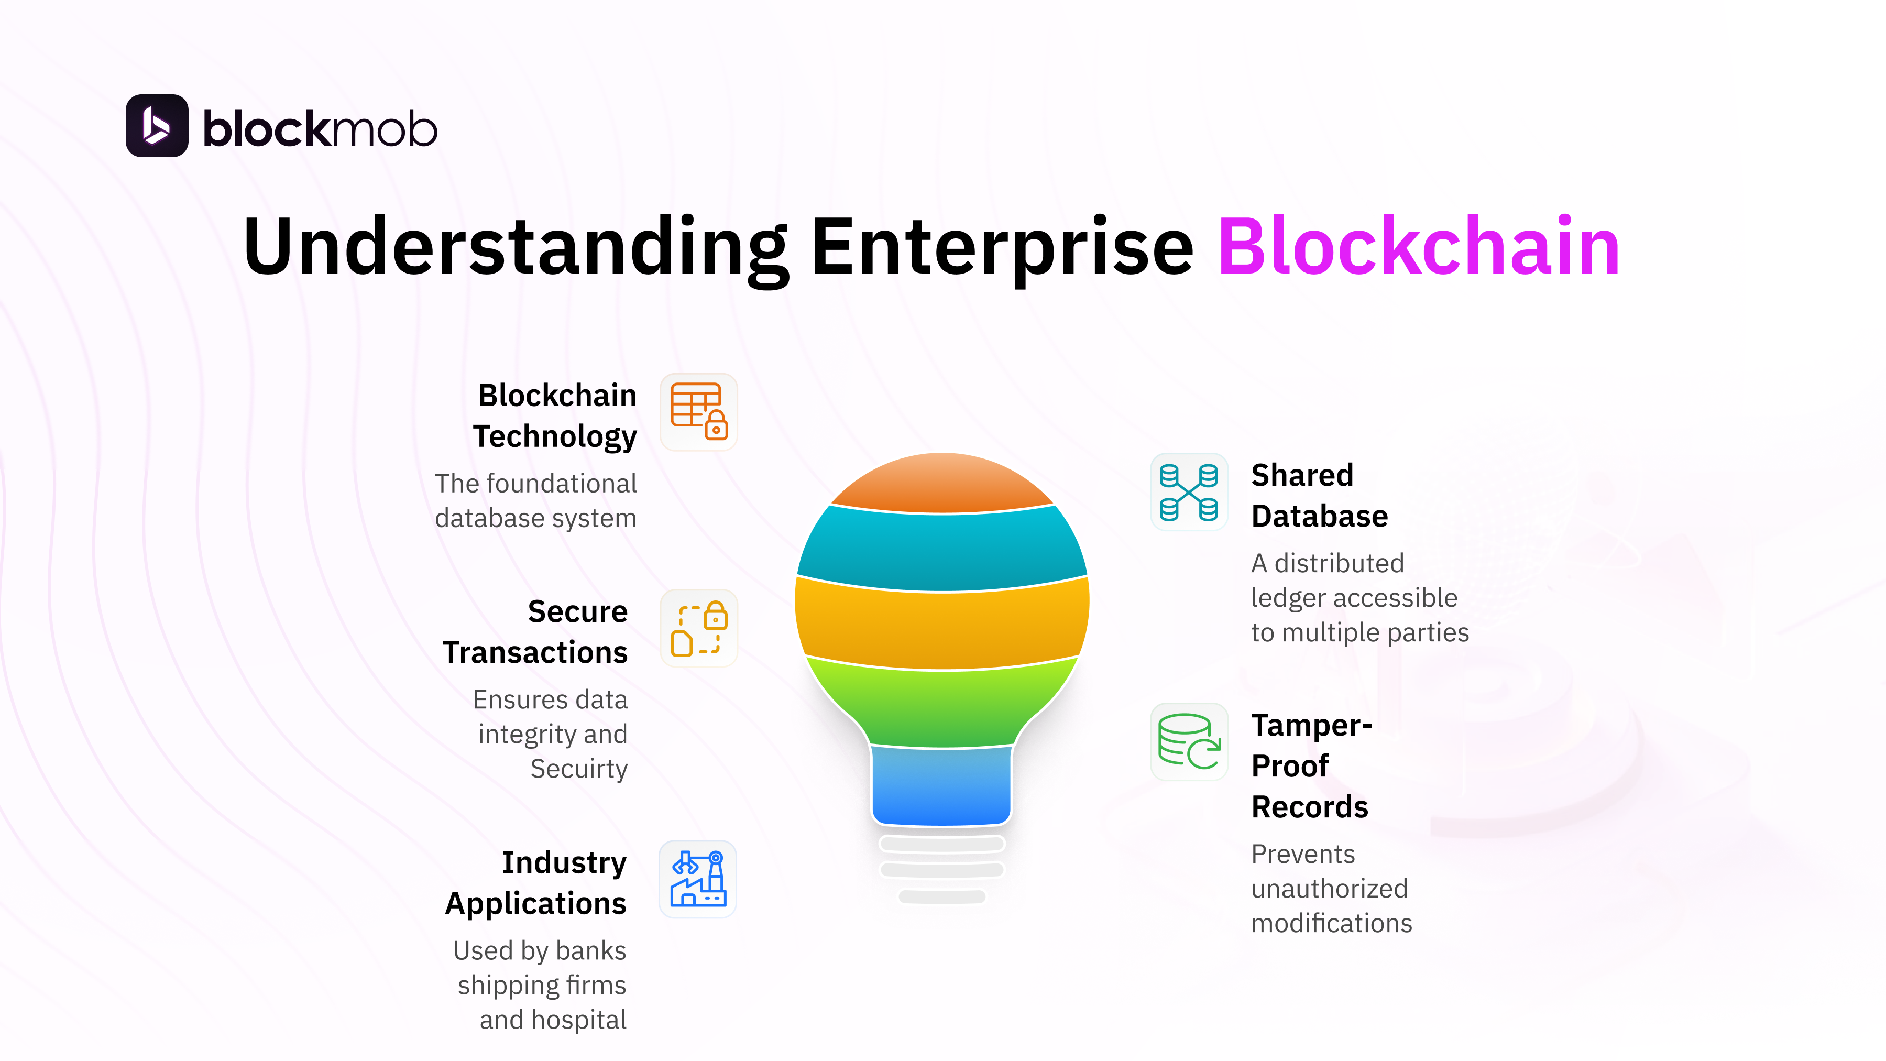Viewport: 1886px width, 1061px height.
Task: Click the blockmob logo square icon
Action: click(157, 126)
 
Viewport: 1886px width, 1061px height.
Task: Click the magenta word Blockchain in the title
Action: click(1418, 247)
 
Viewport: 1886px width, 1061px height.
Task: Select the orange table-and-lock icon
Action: click(698, 411)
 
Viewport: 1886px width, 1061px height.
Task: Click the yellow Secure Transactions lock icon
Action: click(698, 628)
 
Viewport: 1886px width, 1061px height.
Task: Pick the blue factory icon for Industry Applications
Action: click(698, 879)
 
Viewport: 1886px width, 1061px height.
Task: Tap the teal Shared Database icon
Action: click(1188, 492)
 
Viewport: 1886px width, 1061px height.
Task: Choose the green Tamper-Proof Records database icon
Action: click(1188, 742)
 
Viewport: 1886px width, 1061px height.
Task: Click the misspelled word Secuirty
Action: click(578, 769)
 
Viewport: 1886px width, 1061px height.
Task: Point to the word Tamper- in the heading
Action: click(1311, 725)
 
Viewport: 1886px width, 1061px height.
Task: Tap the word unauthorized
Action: click(1329, 888)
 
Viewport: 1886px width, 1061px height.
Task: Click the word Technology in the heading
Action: click(555, 436)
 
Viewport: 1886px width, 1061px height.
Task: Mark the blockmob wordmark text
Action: click(320, 129)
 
